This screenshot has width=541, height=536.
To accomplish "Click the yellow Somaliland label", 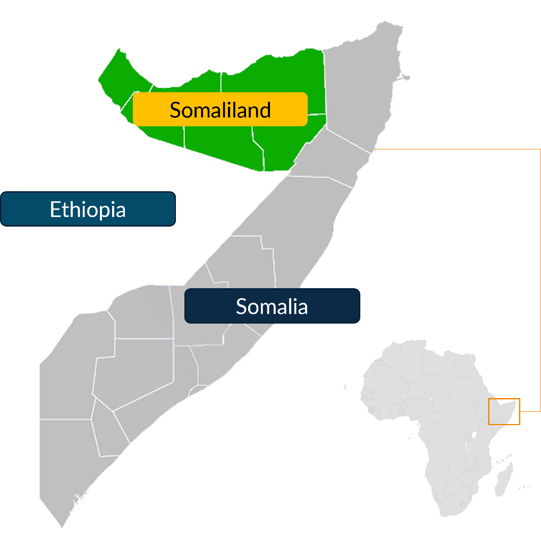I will pos(220,109).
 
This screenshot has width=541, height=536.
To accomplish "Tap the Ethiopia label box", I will pos(88,209).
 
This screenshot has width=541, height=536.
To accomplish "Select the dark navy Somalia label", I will pos(272,306).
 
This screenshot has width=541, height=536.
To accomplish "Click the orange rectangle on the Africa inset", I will pos(504,411).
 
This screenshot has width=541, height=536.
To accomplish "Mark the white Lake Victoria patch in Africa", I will pos(474,434).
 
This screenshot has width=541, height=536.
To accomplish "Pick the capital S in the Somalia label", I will pos(242,307).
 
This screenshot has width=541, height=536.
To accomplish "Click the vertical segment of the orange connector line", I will pos(540,281).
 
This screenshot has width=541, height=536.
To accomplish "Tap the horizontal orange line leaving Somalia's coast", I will pos(457,150).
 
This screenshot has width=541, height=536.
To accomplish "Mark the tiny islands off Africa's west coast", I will pos(344,387).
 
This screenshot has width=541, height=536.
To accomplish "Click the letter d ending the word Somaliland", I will pos(265,110).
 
